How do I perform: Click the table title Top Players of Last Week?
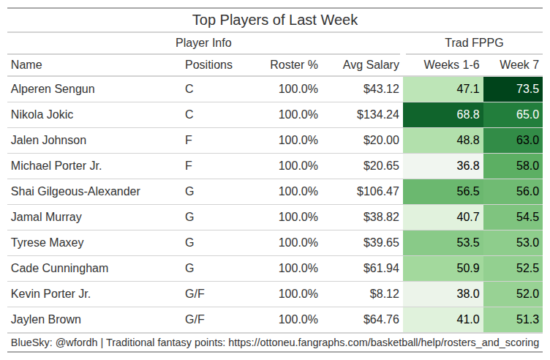click(x=275, y=20)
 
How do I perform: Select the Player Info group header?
click(x=203, y=42)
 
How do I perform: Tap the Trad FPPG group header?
click(x=474, y=42)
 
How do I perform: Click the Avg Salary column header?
click(x=371, y=64)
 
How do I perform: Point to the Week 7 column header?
click(x=519, y=64)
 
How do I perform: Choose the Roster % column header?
click(x=294, y=64)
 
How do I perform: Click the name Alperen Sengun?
click(x=53, y=89)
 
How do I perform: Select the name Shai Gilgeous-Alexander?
click(x=75, y=192)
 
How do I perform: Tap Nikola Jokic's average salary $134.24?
click(x=378, y=115)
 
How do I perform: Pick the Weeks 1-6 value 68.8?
click(x=467, y=115)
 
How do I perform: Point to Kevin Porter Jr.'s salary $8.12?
click(x=385, y=294)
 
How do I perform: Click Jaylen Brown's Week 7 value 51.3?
click(x=527, y=320)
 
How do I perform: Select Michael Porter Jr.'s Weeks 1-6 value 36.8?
click(x=467, y=166)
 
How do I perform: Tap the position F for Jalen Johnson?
click(x=189, y=140)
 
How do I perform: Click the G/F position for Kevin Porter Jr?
click(x=195, y=294)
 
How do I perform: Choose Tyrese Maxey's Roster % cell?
click(x=298, y=243)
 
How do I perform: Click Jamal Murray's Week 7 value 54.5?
click(x=527, y=217)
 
